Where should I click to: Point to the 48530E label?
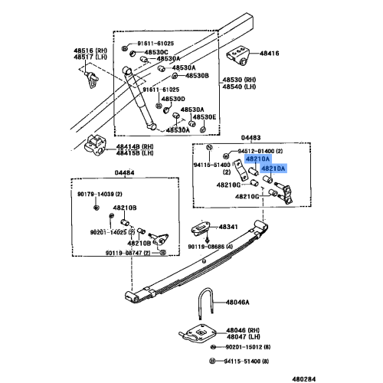pyautogui.click(x=204, y=117)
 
